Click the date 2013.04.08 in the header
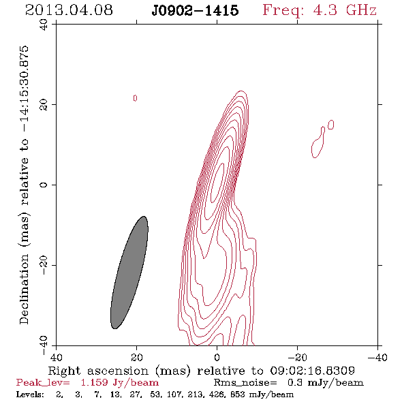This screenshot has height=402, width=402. point(69,10)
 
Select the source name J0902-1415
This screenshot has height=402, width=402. point(195,10)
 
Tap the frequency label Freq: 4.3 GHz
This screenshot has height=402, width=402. point(320,10)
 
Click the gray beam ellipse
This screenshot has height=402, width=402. point(129,273)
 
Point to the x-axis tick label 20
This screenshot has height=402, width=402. point(136,358)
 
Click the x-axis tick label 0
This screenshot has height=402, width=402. point(217,358)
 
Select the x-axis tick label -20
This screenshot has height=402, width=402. point(297,358)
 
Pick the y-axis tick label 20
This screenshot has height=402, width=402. point(44,105)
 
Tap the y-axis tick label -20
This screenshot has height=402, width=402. point(44,265)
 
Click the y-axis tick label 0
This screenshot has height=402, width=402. point(44,185)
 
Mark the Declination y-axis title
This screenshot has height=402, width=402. point(24,185)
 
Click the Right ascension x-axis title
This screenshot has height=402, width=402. point(201,371)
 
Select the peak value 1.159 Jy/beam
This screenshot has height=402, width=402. point(120,383)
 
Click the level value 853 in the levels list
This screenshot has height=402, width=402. point(238,395)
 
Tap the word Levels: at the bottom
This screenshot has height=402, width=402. point(30,395)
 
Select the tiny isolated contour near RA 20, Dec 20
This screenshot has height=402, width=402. point(135,98)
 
